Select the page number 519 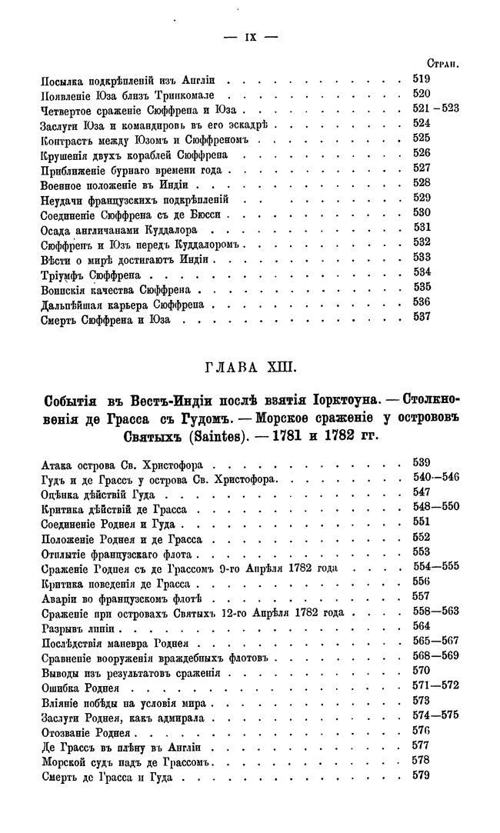[x=421, y=79]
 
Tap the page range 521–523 [x=435, y=108]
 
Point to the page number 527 [x=421, y=167]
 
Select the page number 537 [x=421, y=316]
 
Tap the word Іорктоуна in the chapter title [x=340, y=400]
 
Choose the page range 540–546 [x=435, y=478]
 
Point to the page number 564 [x=421, y=627]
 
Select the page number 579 [x=421, y=776]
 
